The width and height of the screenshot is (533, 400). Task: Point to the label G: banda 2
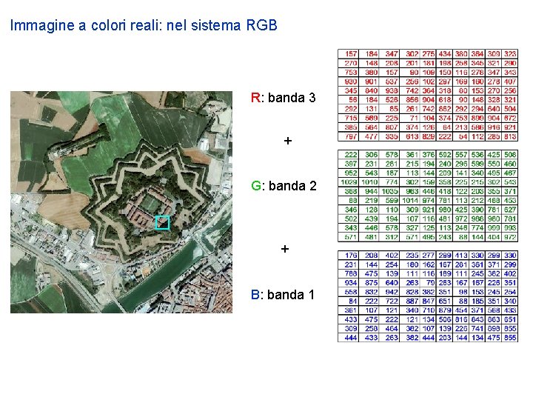point(284,186)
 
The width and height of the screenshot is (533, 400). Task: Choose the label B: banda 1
point(283,295)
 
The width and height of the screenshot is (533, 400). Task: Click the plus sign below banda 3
point(288,141)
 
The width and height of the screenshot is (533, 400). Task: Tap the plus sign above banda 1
point(285,250)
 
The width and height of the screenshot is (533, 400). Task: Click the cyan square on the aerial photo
point(163,222)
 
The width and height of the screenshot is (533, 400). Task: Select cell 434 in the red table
point(444,54)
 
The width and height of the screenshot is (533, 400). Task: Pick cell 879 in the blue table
point(444,310)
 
